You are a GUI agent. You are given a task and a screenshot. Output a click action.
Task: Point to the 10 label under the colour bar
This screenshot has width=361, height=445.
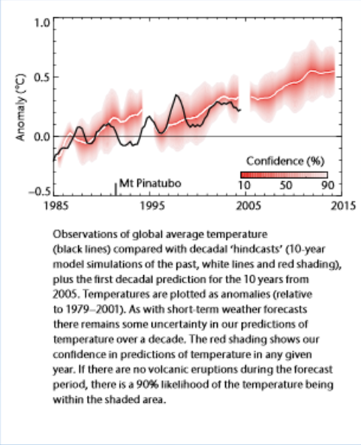coord(244,184)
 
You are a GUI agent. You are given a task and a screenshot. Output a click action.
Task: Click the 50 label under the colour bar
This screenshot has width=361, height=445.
coord(286,184)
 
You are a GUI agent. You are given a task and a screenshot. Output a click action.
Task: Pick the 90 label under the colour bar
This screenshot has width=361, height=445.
coord(327,184)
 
